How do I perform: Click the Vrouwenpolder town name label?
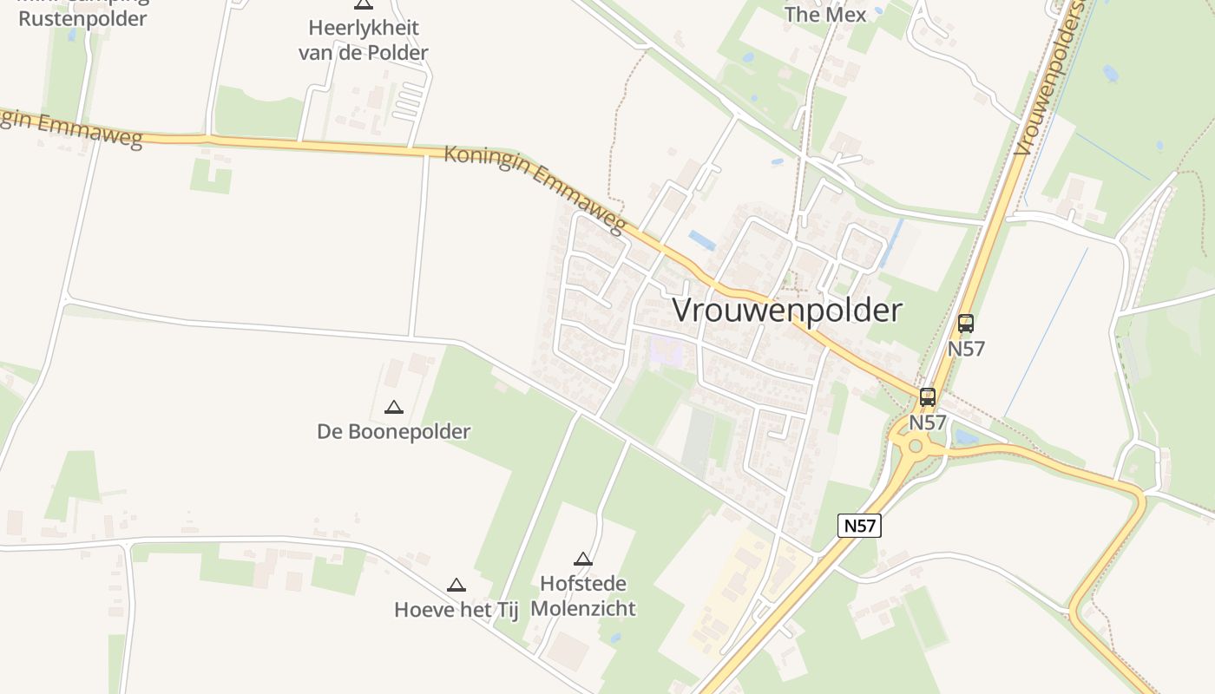[x=787, y=310]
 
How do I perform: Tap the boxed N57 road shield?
[x=859, y=525]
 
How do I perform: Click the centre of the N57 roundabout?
[x=915, y=447]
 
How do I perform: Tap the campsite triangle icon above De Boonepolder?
[x=394, y=407]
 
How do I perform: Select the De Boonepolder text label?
[x=394, y=431]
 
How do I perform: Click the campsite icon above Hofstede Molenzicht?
[x=583, y=560]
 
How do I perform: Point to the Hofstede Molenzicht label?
[x=583, y=595]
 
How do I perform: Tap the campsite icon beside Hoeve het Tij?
[x=456, y=586]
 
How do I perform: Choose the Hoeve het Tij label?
[x=456, y=610]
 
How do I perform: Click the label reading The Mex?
[x=825, y=14]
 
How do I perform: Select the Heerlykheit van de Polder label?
[x=364, y=40]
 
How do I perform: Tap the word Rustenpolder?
[x=82, y=18]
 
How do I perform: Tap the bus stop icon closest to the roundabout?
[x=928, y=397]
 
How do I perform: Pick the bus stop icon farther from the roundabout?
[x=966, y=324]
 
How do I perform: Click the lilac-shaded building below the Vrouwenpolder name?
[x=666, y=350]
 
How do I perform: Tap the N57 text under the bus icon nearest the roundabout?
[x=928, y=422]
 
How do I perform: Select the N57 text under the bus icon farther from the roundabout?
[x=966, y=348]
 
